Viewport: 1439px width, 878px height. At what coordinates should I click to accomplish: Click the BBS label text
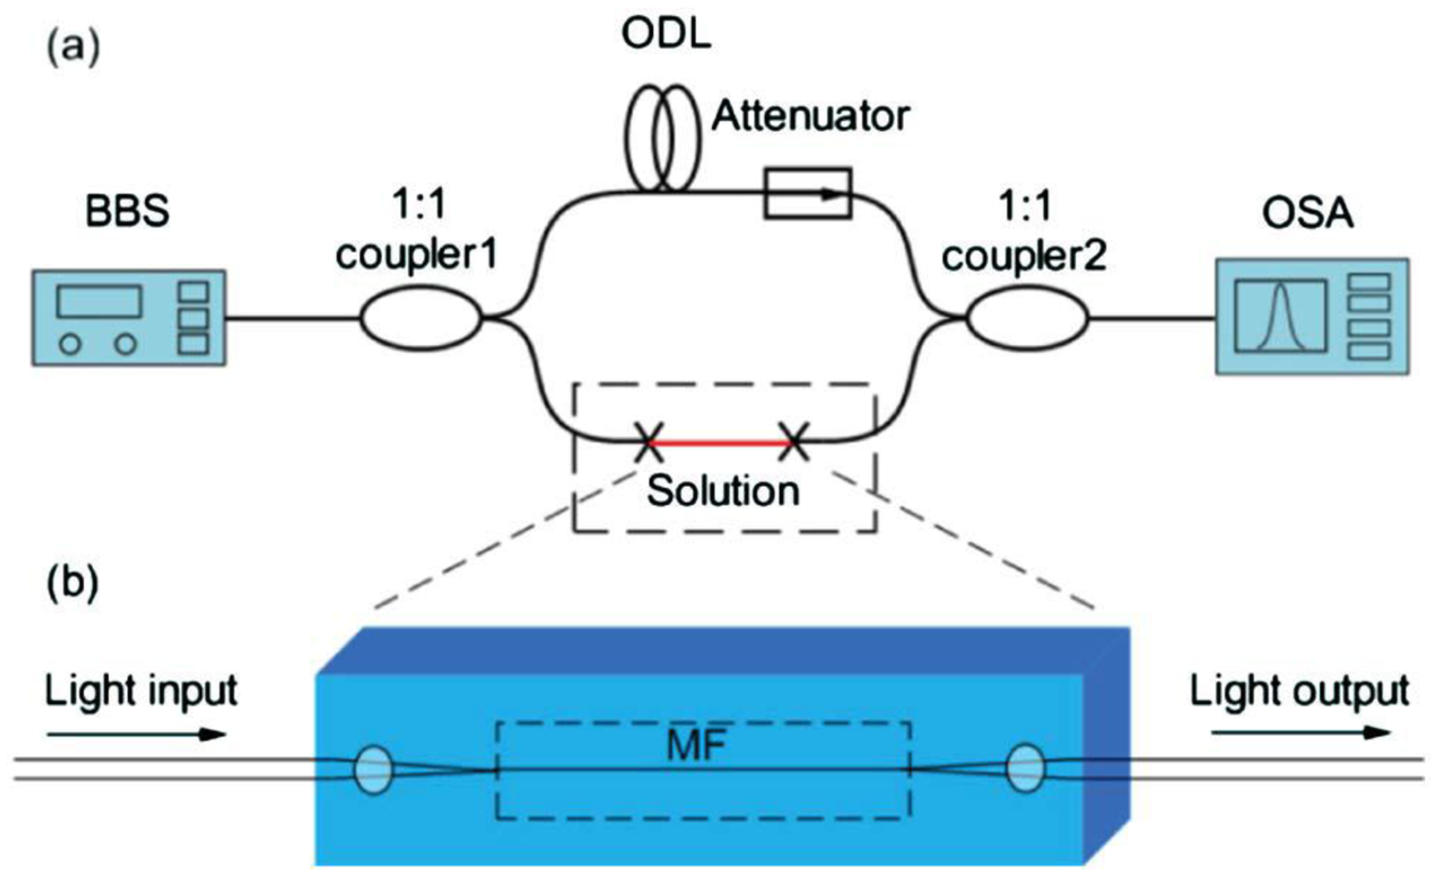[x=127, y=213]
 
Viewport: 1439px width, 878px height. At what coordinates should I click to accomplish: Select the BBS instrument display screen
[x=99, y=302]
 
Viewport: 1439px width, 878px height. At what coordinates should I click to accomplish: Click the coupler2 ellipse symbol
[x=1026, y=318]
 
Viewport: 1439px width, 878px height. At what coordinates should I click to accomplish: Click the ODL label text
[x=666, y=35]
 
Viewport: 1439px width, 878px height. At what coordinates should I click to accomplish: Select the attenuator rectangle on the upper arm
[x=807, y=193]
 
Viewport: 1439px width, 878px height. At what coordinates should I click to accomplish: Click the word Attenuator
[x=810, y=116]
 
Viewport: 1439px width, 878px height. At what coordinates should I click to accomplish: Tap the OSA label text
[x=1307, y=213]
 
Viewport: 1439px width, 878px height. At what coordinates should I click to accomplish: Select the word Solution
[x=723, y=491]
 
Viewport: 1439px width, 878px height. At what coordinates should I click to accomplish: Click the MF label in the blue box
[x=696, y=746]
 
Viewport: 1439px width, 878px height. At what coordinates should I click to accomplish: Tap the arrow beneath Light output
[x=1301, y=733]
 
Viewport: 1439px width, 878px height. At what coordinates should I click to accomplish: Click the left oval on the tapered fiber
[x=373, y=769]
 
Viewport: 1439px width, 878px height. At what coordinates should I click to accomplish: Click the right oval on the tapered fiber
[x=1025, y=768]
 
